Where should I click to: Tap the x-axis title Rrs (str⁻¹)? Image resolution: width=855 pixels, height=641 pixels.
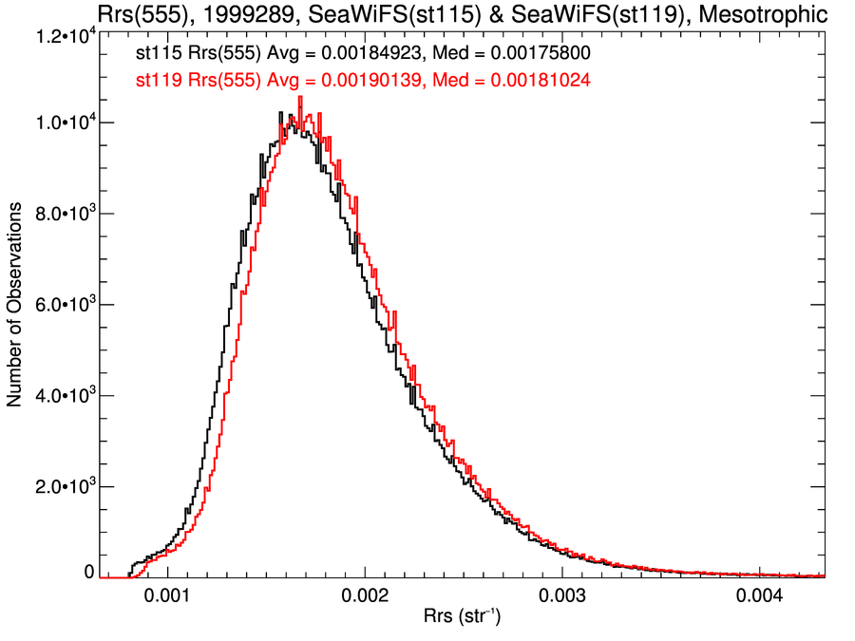[462, 616]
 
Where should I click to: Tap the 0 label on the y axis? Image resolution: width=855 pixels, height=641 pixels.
[89, 573]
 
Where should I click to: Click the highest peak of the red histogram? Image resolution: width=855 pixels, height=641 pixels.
[300, 97]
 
